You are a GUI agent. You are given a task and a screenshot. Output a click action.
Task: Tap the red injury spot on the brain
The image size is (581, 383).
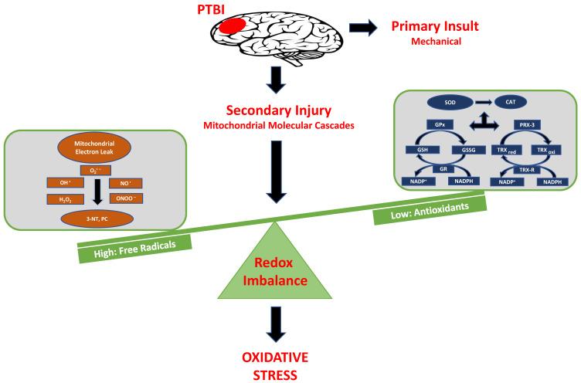(x=233, y=28)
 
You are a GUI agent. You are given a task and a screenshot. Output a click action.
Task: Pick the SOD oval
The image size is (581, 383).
(x=435, y=101)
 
